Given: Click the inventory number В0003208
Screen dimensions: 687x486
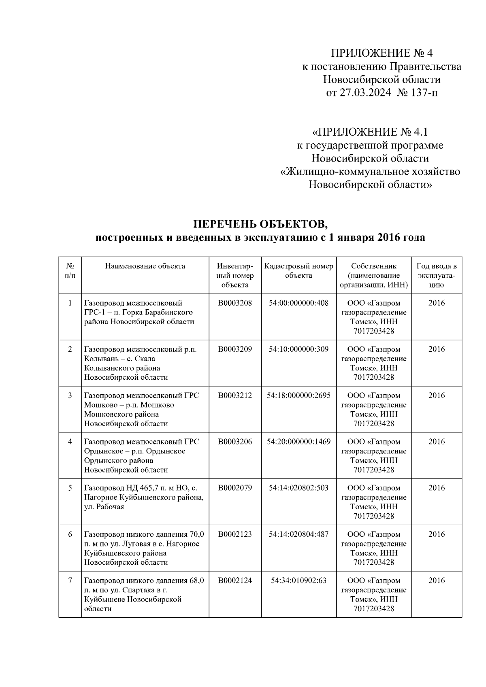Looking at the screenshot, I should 235,303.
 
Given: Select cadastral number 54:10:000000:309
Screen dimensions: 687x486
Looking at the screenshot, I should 298,349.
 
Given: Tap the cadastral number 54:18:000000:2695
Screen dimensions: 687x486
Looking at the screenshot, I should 298,395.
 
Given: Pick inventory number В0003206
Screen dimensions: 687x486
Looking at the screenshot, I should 235,441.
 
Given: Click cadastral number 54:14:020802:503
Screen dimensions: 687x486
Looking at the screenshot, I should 298,487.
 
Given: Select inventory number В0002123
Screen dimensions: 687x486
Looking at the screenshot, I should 235,534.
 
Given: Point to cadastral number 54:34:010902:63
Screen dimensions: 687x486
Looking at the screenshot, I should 298,580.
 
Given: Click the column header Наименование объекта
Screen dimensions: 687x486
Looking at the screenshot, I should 145,266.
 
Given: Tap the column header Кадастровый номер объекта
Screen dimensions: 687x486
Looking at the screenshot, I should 298,270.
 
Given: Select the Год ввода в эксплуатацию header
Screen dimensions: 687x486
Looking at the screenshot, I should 436,275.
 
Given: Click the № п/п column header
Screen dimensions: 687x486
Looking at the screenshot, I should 70,270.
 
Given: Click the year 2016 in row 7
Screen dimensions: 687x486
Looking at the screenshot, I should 436,580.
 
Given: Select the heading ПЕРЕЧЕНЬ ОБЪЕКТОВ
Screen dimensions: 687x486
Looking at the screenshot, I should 260,224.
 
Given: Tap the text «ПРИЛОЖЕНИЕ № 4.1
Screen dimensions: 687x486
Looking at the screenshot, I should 370,132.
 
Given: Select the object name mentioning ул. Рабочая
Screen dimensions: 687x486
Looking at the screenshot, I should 144,497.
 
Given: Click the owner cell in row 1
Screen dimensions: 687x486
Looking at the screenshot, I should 373,317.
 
